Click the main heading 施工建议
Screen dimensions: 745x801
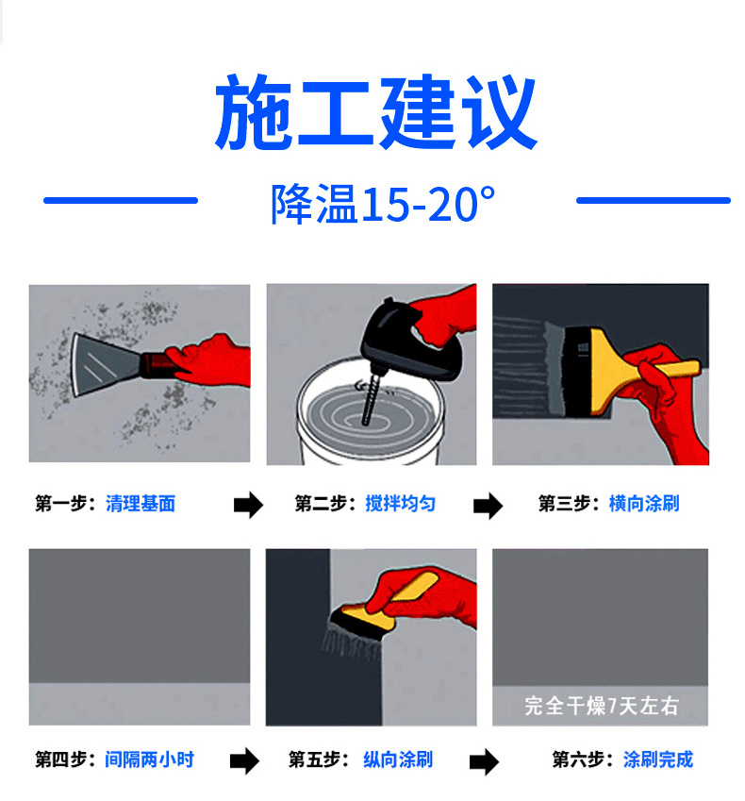coord(376,112)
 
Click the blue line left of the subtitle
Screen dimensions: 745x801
coord(121,201)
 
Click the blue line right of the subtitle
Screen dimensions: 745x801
coord(654,201)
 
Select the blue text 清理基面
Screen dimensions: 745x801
coord(141,504)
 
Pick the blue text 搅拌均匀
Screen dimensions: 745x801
coord(401,504)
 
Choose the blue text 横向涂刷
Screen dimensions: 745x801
coord(644,504)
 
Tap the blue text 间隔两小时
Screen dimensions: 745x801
coord(150,759)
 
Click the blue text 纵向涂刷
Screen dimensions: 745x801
coord(398,759)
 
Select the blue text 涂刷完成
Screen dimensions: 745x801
coord(658,759)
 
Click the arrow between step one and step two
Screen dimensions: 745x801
coord(248,505)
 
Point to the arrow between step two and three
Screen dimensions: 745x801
coord(488,506)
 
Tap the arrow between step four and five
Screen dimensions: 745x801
coord(244,761)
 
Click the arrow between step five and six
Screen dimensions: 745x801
coord(484,762)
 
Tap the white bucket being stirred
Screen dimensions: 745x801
coord(369,414)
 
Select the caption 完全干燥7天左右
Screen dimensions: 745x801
coord(602,706)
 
